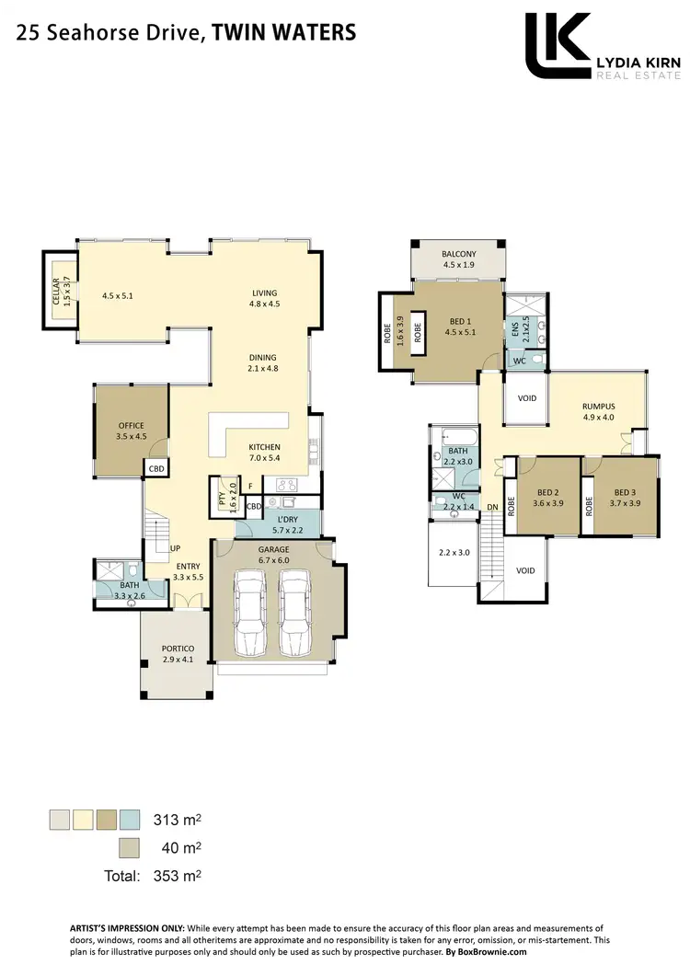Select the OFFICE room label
point(131,426)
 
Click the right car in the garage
point(295,611)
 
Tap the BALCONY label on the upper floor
point(458,254)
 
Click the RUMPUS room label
point(598,406)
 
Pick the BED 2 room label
point(547,491)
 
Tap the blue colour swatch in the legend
point(131,819)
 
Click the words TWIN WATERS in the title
point(283,34)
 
